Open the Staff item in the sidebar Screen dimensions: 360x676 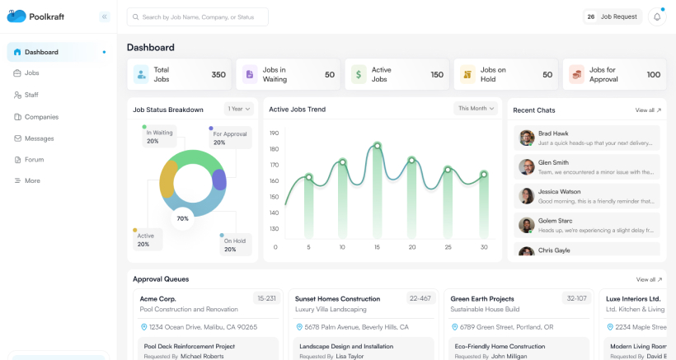click(31, 95)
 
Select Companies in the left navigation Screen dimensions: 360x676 click(41, 117)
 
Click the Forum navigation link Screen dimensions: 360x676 click(34, 160)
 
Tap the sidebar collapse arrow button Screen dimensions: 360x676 click(104, 16)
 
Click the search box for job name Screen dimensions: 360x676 click(198, 16)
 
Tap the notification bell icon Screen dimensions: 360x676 click(657, 16)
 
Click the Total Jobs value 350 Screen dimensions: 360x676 click(218, 75)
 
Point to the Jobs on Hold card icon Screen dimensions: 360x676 click(467, 75)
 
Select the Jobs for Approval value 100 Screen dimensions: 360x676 click(654, 75)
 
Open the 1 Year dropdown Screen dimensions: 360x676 click(238, 109)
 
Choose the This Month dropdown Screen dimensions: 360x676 click(476, 108)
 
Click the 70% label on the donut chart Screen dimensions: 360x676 click(182, 218)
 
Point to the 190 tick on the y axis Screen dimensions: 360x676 click(275, 133)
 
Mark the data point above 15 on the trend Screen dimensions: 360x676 click(378, 146)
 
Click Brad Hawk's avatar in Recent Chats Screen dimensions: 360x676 click(527, 138)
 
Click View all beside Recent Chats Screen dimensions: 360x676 click(648, 110)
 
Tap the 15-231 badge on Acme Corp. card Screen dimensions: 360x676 click(266, 298)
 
